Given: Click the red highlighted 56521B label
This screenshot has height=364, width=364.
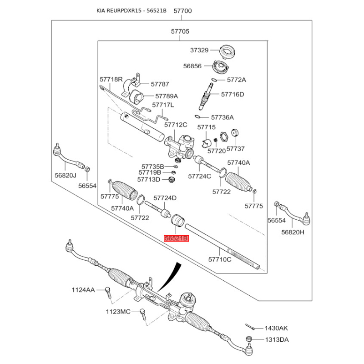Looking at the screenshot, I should coord(176,238).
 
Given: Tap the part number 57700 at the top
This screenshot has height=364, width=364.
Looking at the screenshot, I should coord(182,11).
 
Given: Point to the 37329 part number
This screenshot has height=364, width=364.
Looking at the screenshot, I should coord(199,50).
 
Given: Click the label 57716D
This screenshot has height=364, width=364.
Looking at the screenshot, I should coord(233,95).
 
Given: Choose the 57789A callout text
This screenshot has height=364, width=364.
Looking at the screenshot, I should coord(167,96).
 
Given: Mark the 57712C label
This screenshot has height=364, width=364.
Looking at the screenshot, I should coord(176,124).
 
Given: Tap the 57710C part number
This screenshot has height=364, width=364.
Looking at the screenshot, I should coord(220,259).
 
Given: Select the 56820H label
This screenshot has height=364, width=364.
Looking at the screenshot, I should coord(292,232).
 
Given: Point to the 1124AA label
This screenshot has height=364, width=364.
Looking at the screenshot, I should coord(83,290).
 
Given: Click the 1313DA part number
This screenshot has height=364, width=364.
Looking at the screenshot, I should coord(277,339).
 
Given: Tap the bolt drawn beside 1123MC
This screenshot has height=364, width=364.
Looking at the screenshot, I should coord(143,315).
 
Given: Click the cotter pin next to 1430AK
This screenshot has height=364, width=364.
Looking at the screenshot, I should coord(250,326).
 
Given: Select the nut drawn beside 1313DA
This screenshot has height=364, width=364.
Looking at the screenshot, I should coord(249,339).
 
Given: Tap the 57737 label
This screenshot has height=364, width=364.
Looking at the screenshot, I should coord(236,149).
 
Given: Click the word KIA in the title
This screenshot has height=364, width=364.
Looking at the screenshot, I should coord(102,11).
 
